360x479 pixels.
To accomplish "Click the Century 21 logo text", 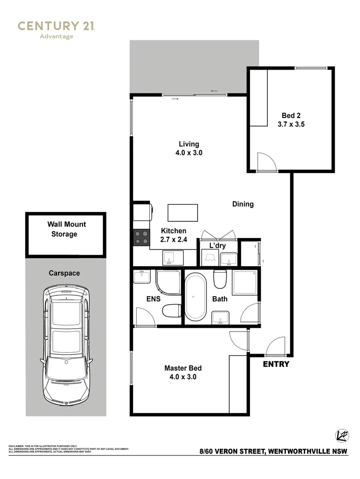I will tap(56, 26).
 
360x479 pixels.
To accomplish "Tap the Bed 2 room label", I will tap(291, 115).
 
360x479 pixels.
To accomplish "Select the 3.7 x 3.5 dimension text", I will tap(291, 125).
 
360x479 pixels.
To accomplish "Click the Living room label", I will tap(189, 144).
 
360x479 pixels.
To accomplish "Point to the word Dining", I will tap(243, 204).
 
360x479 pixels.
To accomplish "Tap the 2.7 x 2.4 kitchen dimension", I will tap(173, 240).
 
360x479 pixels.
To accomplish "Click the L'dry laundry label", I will tap(218, 245).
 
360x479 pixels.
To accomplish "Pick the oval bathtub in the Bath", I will tap(196, 297).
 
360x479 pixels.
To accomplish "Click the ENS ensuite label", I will tap(153, 299).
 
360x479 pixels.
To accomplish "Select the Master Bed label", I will tap(183, 368).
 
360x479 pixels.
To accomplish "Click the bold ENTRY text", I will tap(276, 364).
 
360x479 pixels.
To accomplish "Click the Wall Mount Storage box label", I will tap(66, 229).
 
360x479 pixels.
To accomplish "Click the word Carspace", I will tap(64, 273).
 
